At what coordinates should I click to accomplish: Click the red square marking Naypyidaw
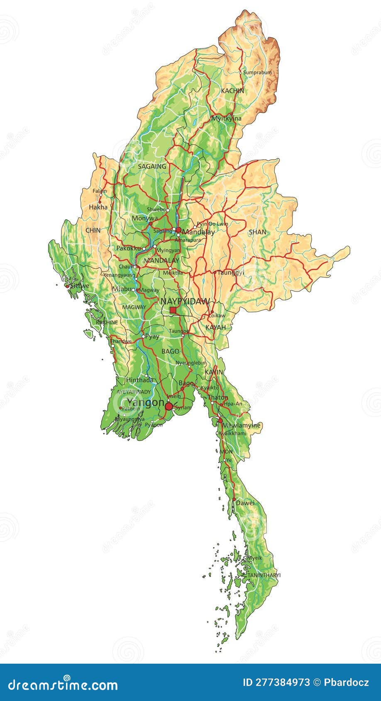coord(173,310)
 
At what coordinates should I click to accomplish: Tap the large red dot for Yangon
coord(169,406)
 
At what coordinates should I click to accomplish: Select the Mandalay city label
coord(199,232)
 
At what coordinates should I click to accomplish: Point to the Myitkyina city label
coord(226,118)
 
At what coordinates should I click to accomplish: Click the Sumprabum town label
coord(257,73)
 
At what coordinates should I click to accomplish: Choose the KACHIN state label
coord(232,90)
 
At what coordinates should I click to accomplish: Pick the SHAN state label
coord(257,232)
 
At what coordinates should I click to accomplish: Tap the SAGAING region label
coord(152,166)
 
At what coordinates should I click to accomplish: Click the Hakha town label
coord(98,207)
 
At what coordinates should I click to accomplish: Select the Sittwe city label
coord(79,286)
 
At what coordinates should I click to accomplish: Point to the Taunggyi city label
coord(231,273)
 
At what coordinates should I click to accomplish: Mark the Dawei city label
coord(245,503)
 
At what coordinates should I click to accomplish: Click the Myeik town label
coord(255,558)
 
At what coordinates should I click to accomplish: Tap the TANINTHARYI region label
coord(264,575)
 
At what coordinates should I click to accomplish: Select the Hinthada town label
coord(139,380)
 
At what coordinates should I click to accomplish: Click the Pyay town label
coord(152,336)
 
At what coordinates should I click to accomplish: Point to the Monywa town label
coord(144,218)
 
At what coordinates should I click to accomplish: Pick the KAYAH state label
coord(216,327)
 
